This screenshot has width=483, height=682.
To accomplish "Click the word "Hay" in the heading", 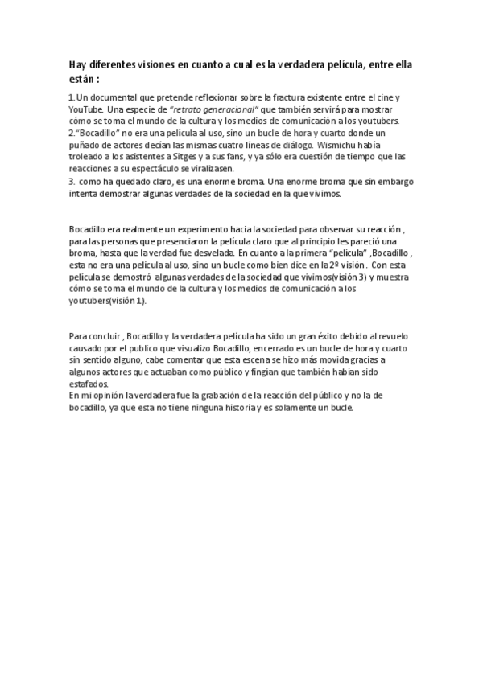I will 78,64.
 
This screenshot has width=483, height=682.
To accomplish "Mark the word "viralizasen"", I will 208,170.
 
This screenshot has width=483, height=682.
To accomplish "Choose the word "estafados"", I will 89,384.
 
